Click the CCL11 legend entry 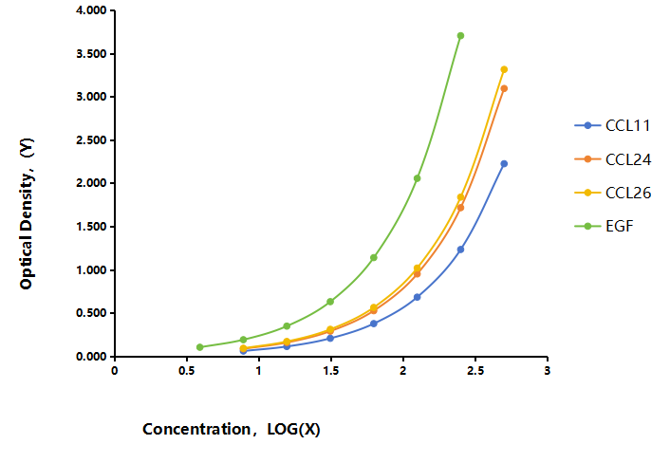[x=612, y=125]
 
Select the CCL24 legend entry [x=613, y=159]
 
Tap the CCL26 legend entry [x=613, y=193]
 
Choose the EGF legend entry [x=604, y=226]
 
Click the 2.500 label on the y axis [x=91, y=140]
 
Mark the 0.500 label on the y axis [x=91, y=313]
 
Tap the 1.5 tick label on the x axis [x=330, y=370]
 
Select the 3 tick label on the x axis [x=547, y=370]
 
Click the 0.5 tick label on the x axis [x=186, y=370]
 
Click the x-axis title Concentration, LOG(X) [x=232, y=429]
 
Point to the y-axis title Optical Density [x=27, y=213]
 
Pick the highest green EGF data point [x=460, y=36]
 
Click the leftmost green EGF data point [x=199, y=347]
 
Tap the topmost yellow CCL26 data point [x=504, y=69]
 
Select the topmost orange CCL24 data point [x=504, y=88]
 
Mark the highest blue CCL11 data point [x=504, y=163]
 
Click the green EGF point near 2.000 [x=417, y=178]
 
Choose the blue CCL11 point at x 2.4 [x=460, y=250]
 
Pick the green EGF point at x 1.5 [x=330, y=302]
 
